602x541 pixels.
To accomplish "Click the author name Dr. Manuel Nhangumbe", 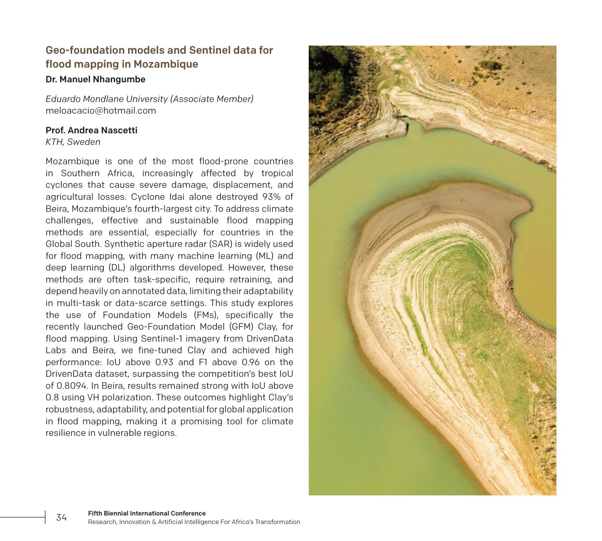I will coord(95,80).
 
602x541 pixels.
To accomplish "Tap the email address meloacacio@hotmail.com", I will coord(101,111).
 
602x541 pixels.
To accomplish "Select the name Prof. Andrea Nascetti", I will coord(91,130).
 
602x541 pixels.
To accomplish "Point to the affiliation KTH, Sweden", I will coord(73,142).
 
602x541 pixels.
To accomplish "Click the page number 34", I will coord(61,518).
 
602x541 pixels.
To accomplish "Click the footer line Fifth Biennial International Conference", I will coord(147,513).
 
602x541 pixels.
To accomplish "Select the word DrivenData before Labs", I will coord(269,339).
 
